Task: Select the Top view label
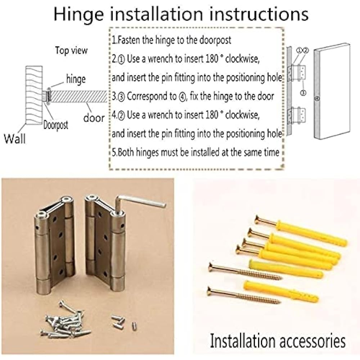(x=71, y=50)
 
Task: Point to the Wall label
(x=15, y=138)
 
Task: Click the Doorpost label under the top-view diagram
(x=55, y=125)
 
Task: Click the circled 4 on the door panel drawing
(x=317, y=98)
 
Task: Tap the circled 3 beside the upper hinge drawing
(x=303, y=93)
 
